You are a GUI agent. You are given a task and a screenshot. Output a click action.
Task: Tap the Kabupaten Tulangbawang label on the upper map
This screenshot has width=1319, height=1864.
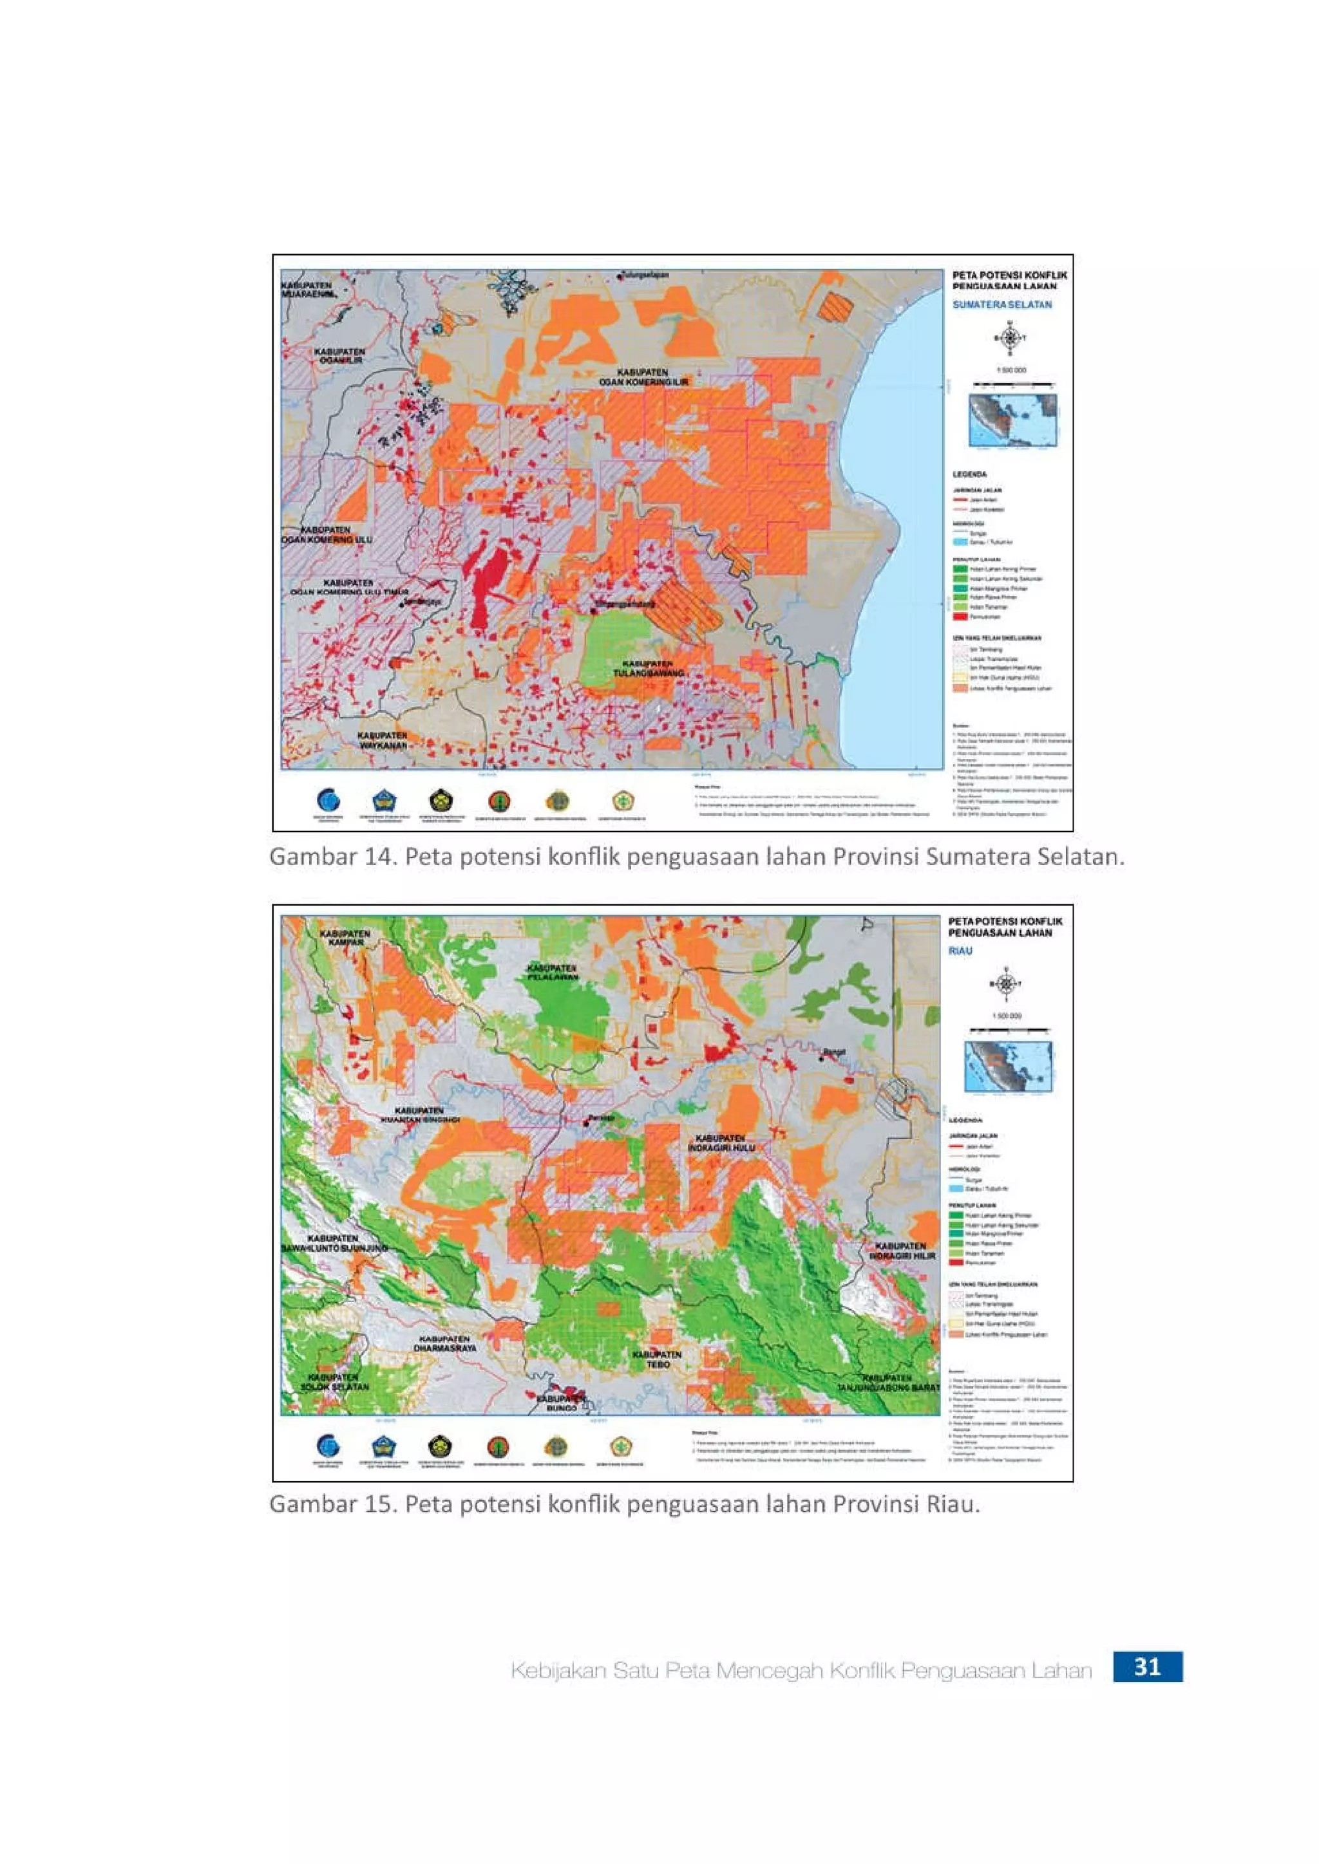(x=648, y=668)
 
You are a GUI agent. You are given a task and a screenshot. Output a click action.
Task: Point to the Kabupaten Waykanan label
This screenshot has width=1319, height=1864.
(x=382, y=740)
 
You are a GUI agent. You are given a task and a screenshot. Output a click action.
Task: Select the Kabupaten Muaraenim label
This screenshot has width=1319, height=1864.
(x=307, y=290)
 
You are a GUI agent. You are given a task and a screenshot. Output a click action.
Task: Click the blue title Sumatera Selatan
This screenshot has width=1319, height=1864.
(x=1001, y=304)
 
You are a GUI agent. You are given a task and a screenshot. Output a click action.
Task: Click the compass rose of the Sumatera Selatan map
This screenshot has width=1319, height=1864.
(x=1010, y=339)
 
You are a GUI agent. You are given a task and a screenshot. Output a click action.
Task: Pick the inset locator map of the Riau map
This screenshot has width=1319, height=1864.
(x=1008, y=1067)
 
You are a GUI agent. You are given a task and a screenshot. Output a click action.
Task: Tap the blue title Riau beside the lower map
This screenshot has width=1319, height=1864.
(x=960, y=951)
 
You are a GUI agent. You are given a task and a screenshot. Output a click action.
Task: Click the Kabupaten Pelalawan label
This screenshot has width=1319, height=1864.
(x=551, y=973)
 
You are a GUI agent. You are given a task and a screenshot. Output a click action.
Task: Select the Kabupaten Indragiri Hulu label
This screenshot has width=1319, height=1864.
(x=721, y=1143)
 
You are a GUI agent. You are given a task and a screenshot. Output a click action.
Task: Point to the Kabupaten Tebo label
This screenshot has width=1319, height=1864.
(x=657, y=1360)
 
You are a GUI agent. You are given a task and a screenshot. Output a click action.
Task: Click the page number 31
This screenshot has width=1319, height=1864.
(x=1147, y=1666)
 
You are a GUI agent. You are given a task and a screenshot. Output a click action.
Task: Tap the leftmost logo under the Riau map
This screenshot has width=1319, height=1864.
(x=328, y=1446)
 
